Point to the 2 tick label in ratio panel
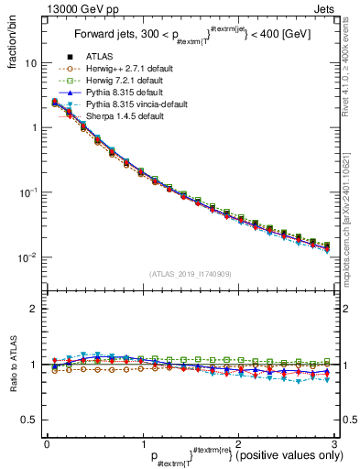[33, 309]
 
